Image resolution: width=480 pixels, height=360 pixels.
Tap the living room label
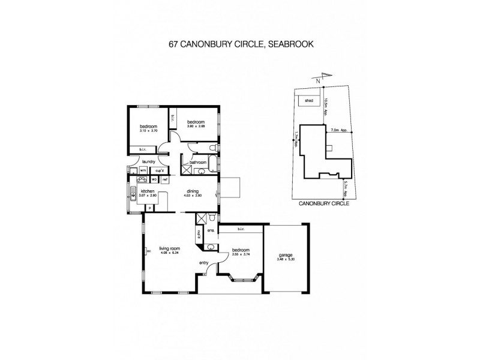pos(170,248)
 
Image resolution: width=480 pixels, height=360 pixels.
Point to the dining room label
pos(192,191)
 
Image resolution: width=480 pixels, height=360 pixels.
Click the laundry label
pos(149,161)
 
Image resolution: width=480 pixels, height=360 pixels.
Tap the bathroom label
pos(198,162)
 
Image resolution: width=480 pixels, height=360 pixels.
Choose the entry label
pos(205,263)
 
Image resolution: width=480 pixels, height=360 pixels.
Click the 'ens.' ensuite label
pos(211,230)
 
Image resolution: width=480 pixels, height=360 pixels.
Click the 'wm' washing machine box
pos(143,170)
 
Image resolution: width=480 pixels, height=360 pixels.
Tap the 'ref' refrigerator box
pos(165,179)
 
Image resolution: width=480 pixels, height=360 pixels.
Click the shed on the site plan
pos(309,101)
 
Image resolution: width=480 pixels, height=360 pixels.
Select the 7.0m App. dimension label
pos(339,128)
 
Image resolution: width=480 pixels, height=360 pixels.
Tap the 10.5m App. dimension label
pos(325,106)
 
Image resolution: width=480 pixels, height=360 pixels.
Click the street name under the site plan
pos(325,203)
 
